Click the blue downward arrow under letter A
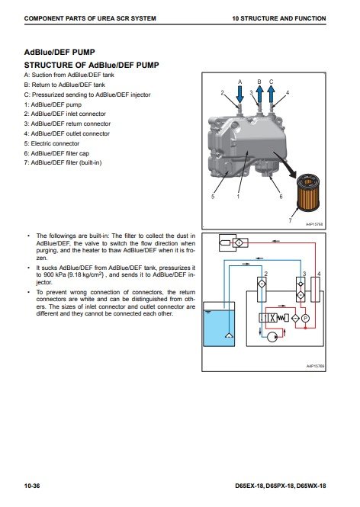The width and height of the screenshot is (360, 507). [239, 95]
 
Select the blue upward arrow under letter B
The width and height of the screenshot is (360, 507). [260, 95]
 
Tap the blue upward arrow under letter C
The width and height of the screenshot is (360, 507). [271, 95]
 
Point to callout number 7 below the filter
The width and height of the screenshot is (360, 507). [290, 220]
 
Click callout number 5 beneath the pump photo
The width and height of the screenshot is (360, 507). [213, 197]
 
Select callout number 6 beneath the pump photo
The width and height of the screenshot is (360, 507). [281, 197]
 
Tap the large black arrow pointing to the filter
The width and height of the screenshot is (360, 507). [285, 165]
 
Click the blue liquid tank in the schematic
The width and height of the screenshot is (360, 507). [219, 324]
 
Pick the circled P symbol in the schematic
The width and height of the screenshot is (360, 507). [305, 319]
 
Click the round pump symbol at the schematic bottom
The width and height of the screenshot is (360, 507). [272, 337]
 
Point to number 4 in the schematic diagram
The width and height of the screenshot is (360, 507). [319, 274]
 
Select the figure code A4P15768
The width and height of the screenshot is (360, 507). [314, 224]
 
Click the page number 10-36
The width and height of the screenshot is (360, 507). [32, 486]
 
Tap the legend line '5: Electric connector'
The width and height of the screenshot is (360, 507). [52, 143]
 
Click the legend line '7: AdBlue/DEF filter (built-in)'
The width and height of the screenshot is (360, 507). [63, 162]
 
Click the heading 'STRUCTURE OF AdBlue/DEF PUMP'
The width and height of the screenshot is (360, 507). [92, 65]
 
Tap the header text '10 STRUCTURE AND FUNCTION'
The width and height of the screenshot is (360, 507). [279, 18]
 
